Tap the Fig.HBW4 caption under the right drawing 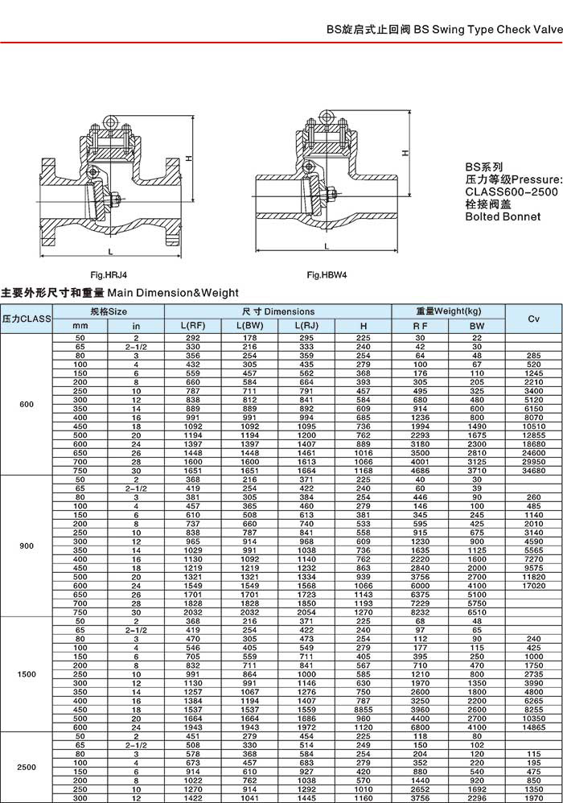327,274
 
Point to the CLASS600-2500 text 512,191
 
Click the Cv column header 533,319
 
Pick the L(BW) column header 250,326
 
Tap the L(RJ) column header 307,326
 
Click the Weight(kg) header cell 448,311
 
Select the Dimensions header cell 278,311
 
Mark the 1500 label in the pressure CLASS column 27,674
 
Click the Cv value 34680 533,469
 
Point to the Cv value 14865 533,727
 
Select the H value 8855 364,710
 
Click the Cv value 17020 533,585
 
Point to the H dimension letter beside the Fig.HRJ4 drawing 187,159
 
